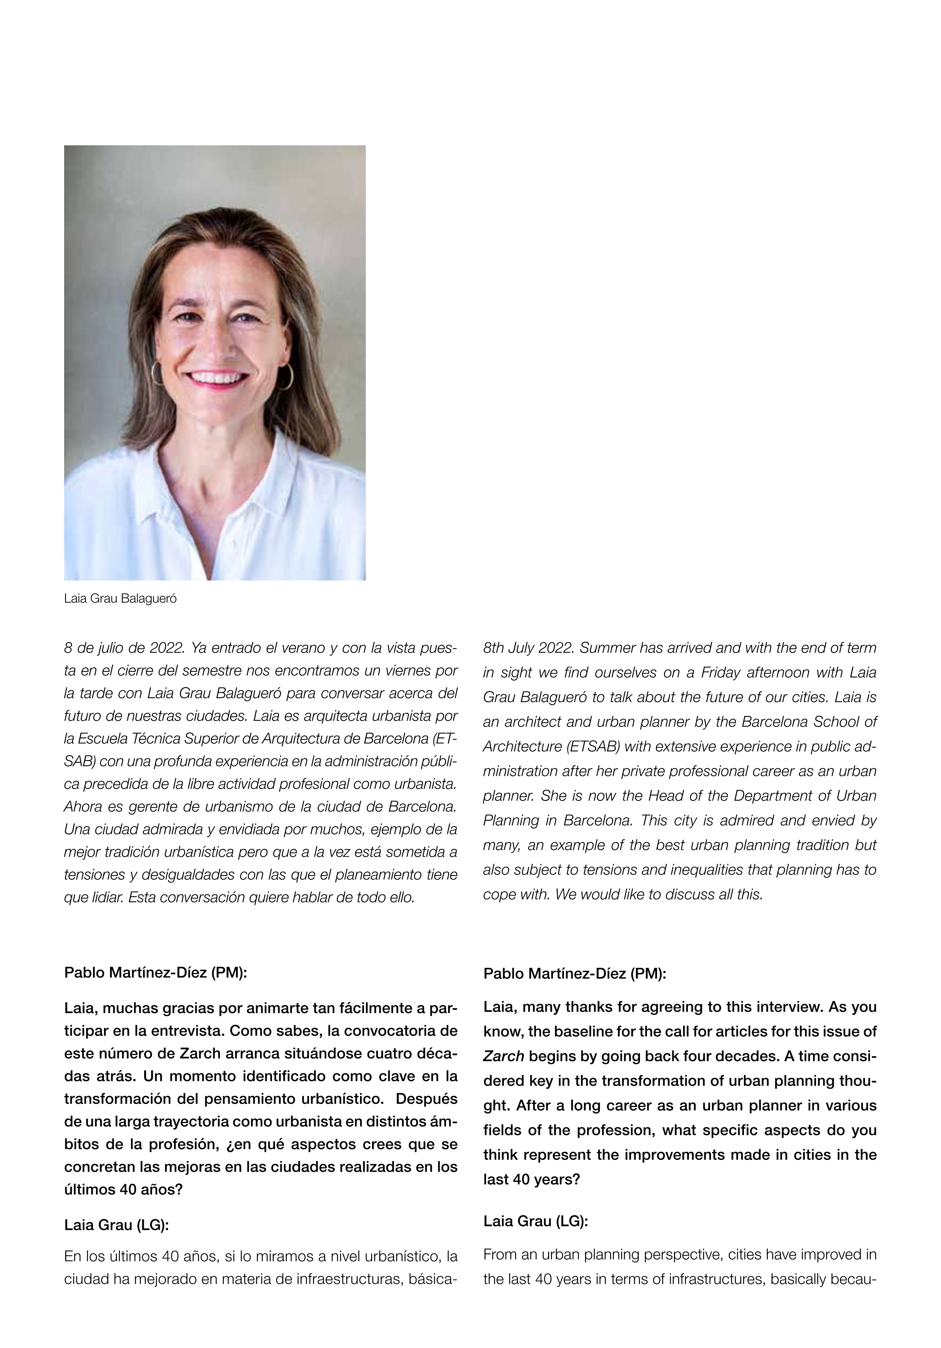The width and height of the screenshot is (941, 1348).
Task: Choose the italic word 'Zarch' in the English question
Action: pos(503,1056)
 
